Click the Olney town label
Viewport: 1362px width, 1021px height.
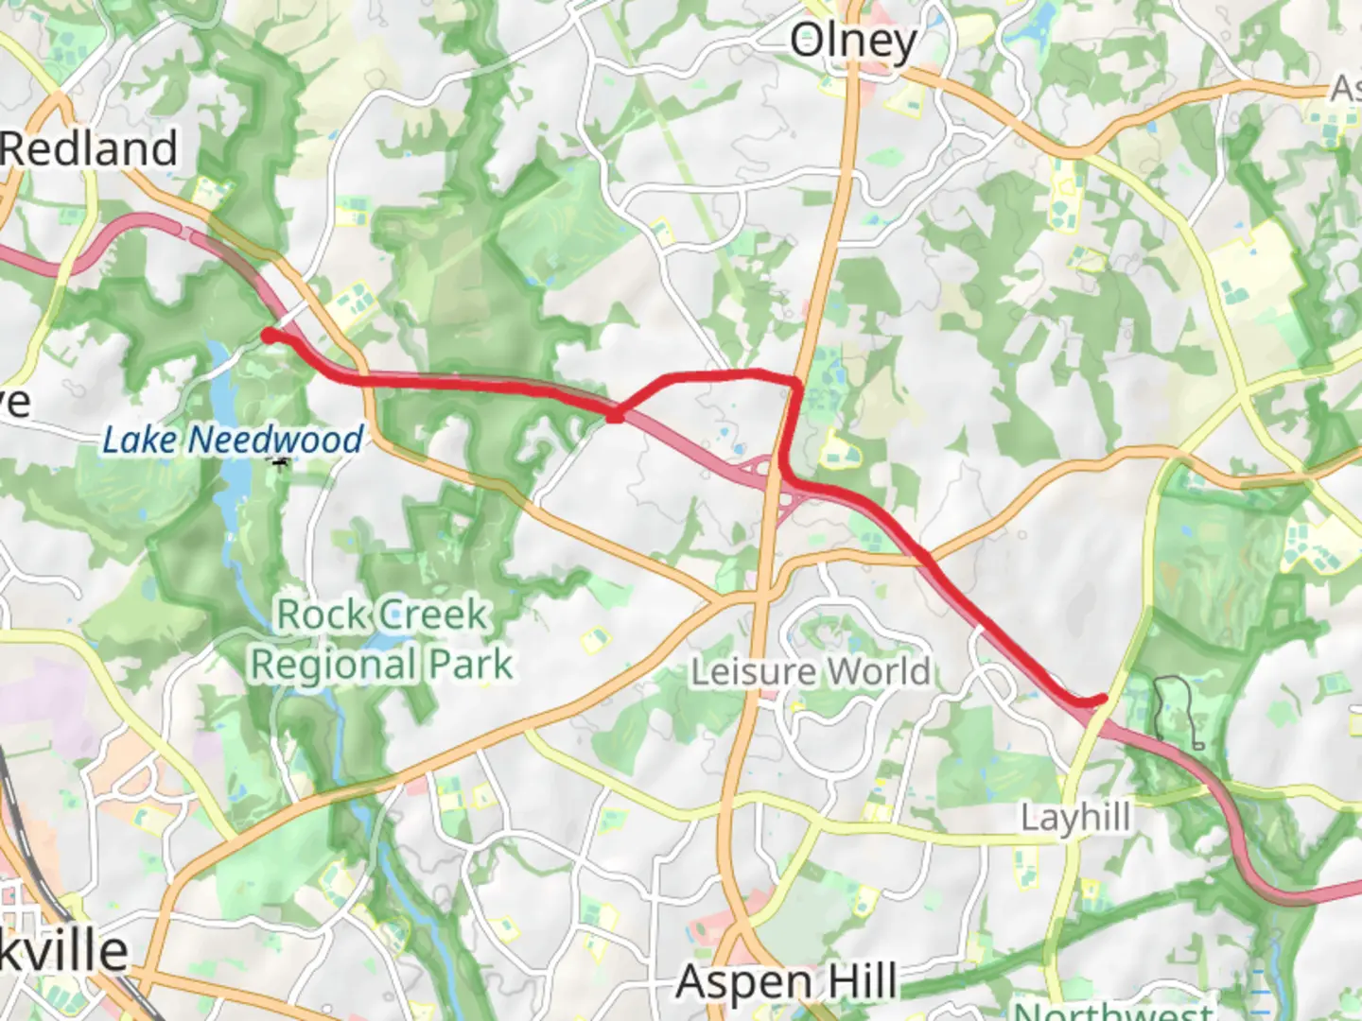[x=852, y=43]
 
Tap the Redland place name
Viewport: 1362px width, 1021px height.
[x=89, y=149]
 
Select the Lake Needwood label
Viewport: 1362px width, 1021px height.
[x=233, y=440]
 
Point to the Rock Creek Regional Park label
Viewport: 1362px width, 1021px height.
[x=381, y=640]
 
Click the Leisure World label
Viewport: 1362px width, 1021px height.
[x=811, y=672]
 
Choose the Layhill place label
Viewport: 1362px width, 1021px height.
[x=1075, y=817]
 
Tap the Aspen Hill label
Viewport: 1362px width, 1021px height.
[x=787, y=982]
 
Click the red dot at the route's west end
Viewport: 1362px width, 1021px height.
[x=270, y=336]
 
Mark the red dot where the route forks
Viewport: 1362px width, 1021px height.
[x=615, y=414]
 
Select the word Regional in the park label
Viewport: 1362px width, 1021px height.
[x=335, y=665]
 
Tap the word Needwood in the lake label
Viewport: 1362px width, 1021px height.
[x=275, y=440]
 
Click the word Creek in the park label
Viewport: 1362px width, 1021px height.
[x=434, y=615]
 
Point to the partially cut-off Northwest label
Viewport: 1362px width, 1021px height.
[x=1112, y=1010]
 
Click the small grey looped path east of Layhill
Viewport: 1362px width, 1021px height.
[x=1178, y=709]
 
